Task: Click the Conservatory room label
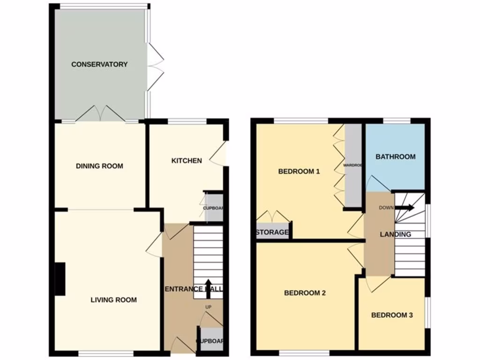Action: [99, 64]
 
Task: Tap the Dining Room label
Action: [99, 166]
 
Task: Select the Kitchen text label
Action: [187, 161]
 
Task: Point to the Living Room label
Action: [113, 300]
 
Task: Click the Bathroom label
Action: [396, 157]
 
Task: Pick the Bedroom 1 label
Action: [299, 172]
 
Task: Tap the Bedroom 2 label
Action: [305, 293]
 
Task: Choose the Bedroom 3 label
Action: [392, 315]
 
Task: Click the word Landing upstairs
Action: [396, 234]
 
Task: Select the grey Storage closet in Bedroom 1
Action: [272, 232]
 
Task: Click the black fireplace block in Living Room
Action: [60, 279]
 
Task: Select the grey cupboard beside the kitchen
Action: [214, 207]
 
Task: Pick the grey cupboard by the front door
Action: [209, 341]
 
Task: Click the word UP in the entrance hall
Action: [209, 307]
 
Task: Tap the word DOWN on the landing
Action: [387, 208]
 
